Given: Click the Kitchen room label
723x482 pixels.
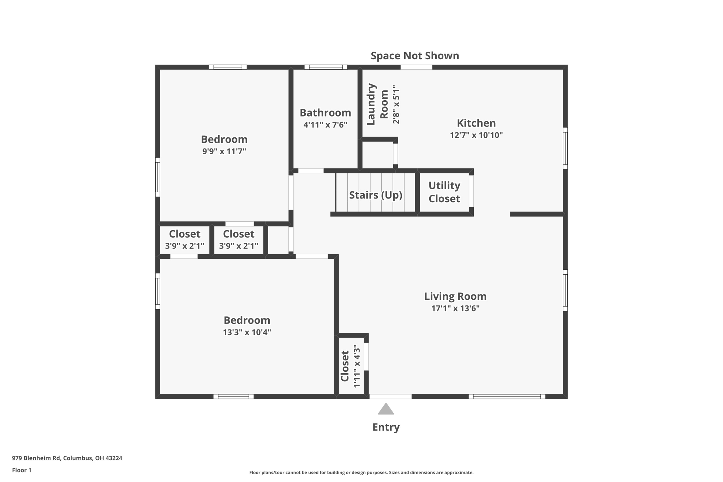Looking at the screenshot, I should click(476, 123).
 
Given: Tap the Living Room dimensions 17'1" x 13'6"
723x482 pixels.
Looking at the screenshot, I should click(455, 308).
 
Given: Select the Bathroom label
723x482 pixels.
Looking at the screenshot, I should click(325, 113).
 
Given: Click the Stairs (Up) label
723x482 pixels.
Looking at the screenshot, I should click(375, 195).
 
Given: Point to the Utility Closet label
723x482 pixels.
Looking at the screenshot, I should click(444, 192).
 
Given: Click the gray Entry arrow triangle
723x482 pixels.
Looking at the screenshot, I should click(386, 409).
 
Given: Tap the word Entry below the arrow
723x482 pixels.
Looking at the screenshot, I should click(386, 427).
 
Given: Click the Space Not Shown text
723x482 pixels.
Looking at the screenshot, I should click(414, 55).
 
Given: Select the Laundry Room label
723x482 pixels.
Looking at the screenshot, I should click(377, 104).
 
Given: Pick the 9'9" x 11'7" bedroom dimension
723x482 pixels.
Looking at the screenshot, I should click(224, 151).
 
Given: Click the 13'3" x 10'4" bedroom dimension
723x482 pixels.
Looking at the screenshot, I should click(246, 332).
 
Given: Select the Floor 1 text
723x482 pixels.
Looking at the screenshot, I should click(22, 470).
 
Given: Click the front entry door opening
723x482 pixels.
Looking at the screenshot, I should click(390, 397).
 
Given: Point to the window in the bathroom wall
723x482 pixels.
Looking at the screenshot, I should click(325, 67).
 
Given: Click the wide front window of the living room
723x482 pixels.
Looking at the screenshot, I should click(507, 397).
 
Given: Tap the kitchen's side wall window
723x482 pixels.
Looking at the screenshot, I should click(565, 148).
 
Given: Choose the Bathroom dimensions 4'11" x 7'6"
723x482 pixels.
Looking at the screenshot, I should click(325, 125).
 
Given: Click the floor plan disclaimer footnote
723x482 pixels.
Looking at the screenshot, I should click(361, 472).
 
